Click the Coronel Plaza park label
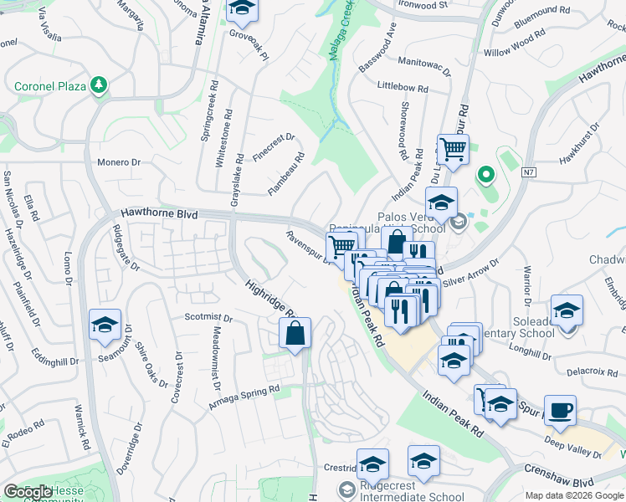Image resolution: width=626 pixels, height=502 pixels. coord(52,86)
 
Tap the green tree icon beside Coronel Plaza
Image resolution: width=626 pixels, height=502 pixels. coord(99,85)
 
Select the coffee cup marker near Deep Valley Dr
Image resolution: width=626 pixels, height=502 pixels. coord(560,410)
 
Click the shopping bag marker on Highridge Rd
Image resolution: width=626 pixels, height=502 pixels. coord(295,333)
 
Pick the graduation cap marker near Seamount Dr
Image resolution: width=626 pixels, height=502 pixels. coord(105,325)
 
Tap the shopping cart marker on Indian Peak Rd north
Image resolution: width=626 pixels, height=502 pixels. coord(453,150)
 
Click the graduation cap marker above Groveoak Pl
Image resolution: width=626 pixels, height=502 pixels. coord(242,8)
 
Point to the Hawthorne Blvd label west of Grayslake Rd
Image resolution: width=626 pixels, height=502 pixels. coord(158,215)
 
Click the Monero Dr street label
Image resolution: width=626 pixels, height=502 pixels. coord(118,162)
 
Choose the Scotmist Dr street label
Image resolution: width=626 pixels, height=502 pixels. coord(207,317)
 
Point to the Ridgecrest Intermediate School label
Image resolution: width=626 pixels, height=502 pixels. coord(411,496)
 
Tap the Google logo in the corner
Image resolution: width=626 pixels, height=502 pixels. coord(28,492)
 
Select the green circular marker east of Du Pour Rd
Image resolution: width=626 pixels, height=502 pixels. coord(485,176)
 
